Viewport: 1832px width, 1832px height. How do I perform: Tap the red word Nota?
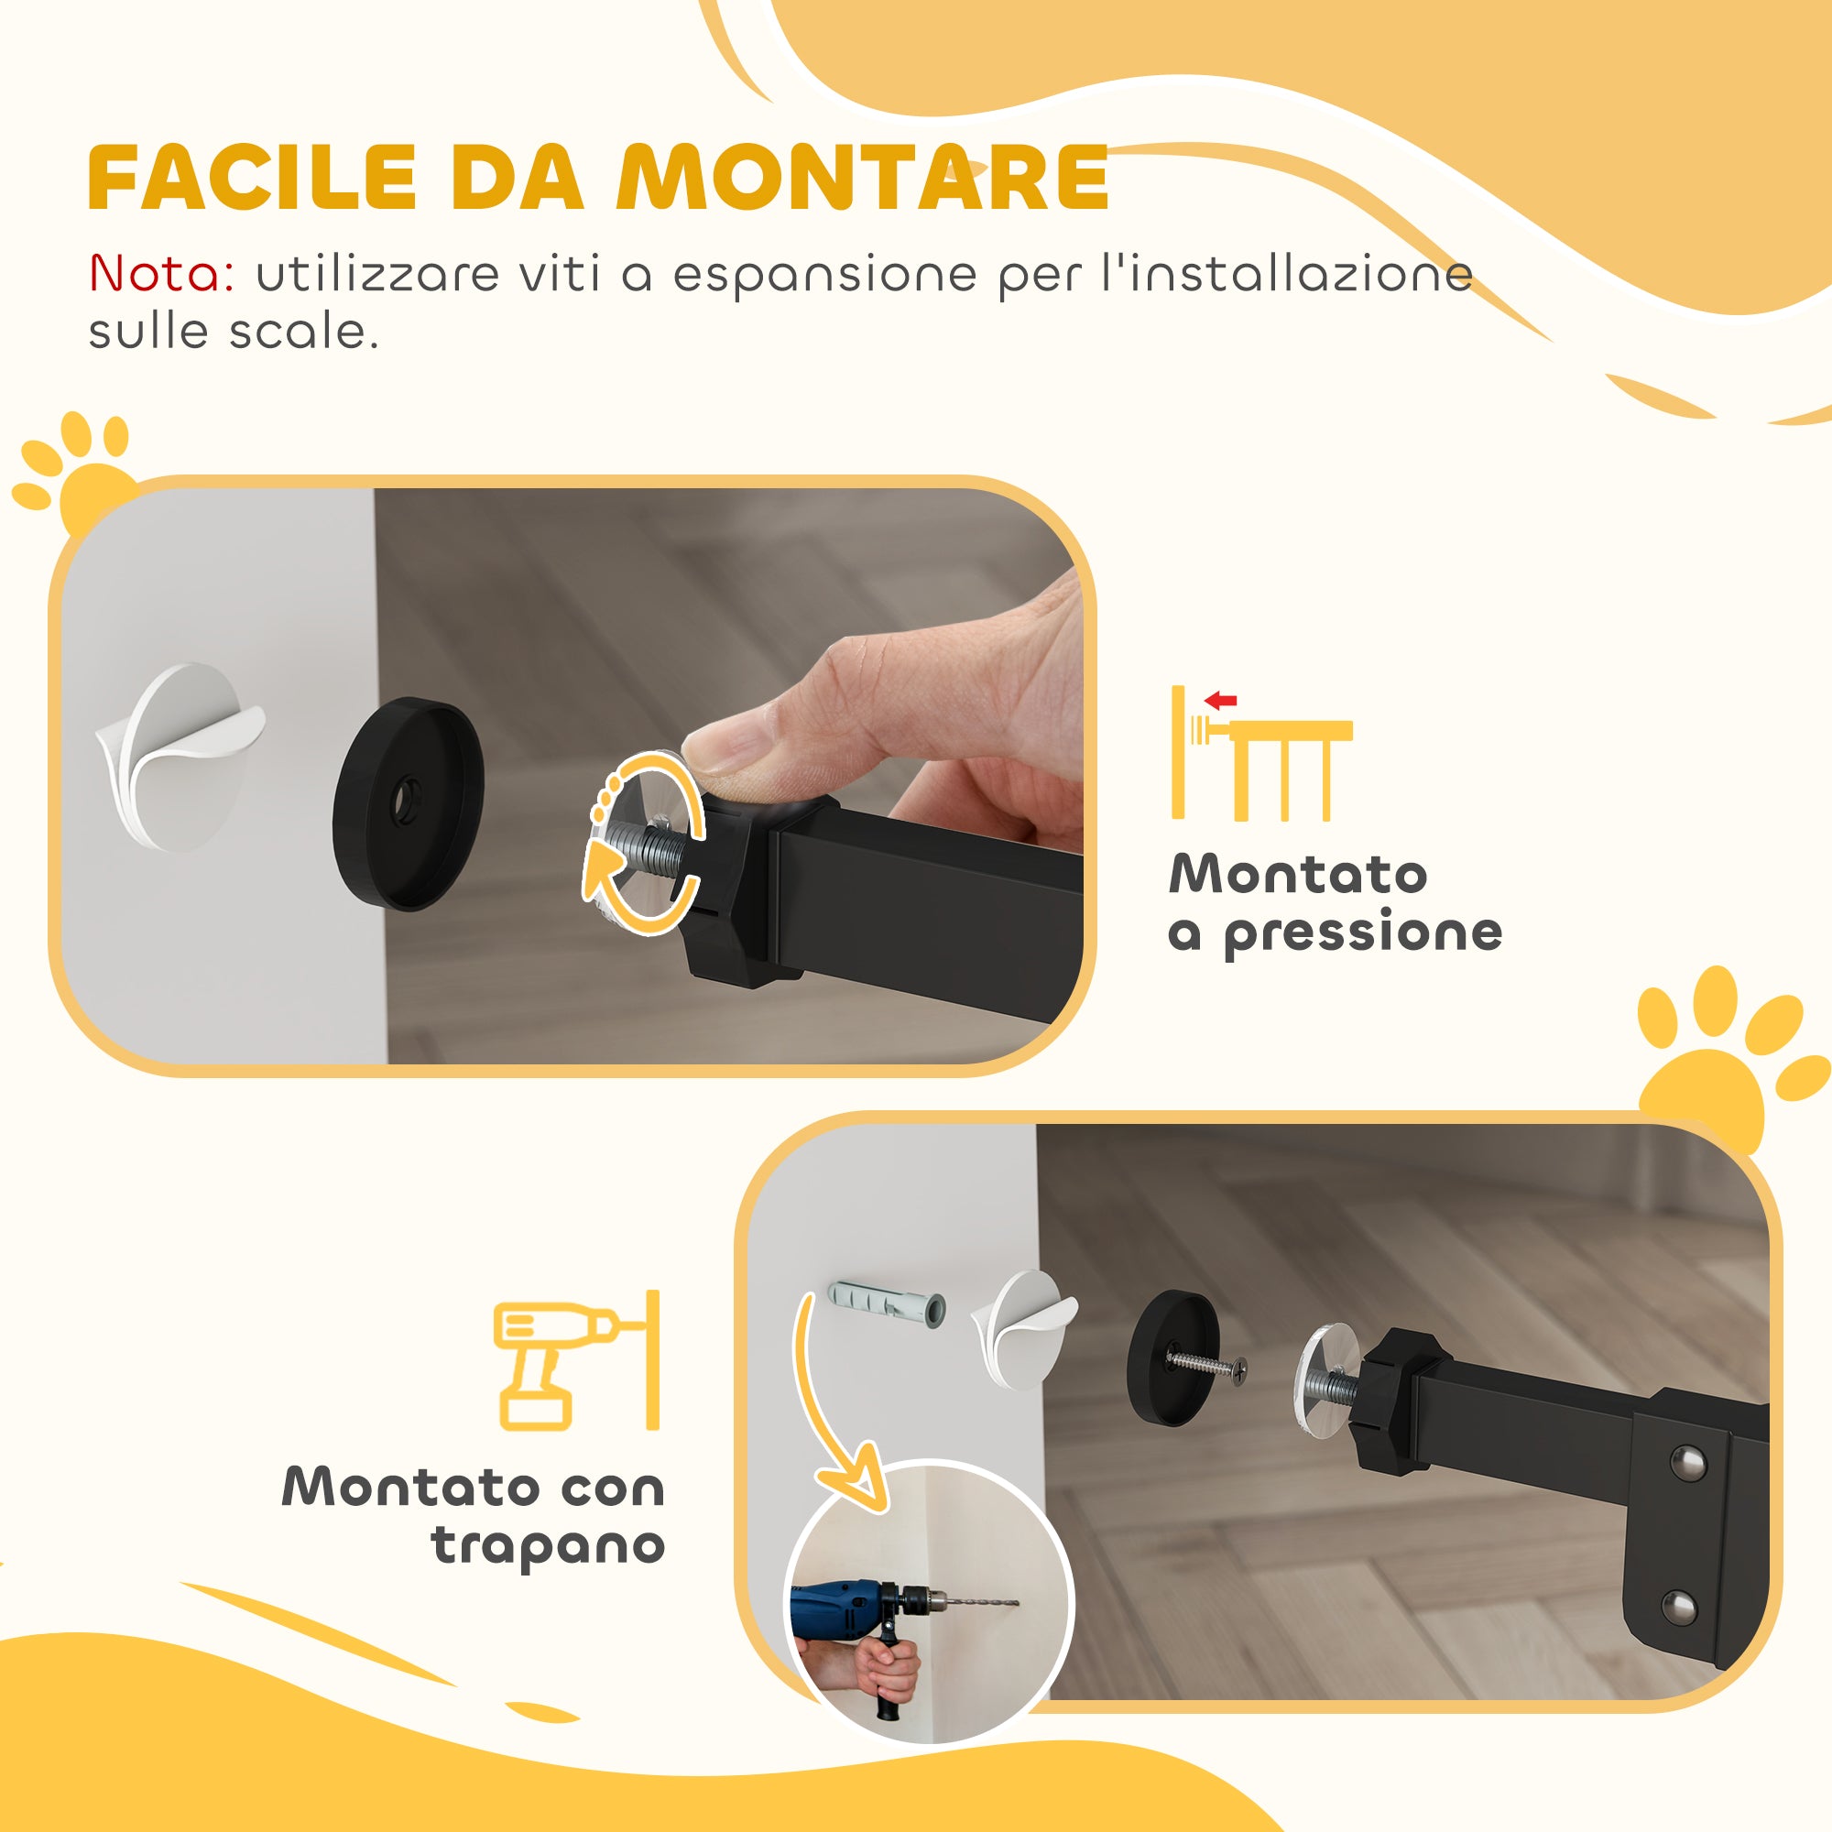coord(161,274)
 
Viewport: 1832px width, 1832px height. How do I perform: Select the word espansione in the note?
coord(824,276)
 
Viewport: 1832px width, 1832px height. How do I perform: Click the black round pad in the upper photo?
coord(409,802)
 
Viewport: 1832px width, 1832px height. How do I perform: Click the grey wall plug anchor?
coord(887,1303)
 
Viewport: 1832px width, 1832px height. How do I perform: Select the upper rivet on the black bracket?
coord(1685,1461)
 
